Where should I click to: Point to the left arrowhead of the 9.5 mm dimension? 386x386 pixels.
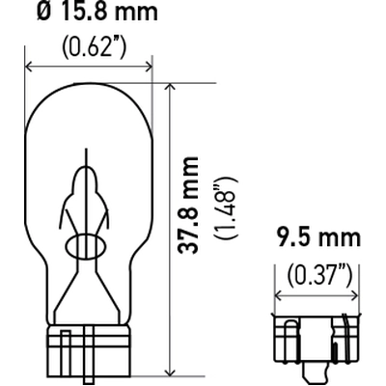click(x=281, y=295)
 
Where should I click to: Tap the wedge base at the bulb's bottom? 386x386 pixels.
click(x=88, y=349)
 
